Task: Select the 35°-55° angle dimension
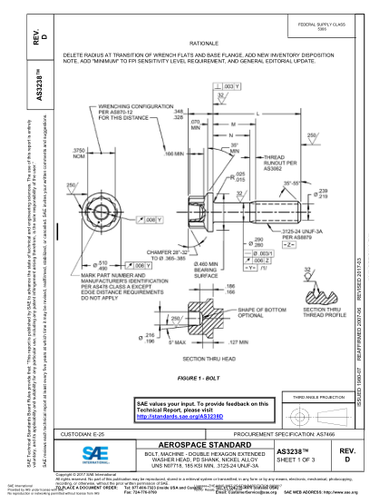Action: (293, 183)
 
